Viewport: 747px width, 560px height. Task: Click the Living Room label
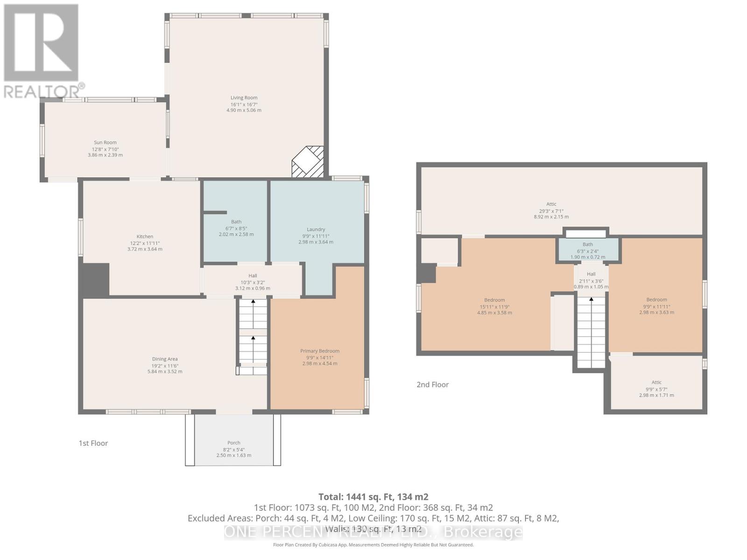pos(244,98)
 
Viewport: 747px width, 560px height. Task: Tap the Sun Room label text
pos(105,143)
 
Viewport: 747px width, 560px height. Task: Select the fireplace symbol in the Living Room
pos(308,161)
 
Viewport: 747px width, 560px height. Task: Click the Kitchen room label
pos(145,237)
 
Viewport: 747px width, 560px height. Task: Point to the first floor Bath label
pos(236,222)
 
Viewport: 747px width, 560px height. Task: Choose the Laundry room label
pos(316,230)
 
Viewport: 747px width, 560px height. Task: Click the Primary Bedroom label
pos(320,351)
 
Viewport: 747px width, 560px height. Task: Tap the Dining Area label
pos(165,359)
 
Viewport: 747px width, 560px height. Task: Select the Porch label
pos(234,443)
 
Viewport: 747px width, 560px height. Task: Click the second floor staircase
pos(591,331)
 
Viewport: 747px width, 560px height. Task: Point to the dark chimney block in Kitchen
pos(96,279)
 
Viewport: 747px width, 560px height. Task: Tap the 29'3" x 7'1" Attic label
pos(551,204)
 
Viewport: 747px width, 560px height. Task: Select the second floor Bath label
pos(588,245)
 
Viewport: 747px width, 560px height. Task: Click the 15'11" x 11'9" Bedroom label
pos(494,300)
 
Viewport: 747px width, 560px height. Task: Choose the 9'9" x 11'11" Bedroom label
pos(656,300)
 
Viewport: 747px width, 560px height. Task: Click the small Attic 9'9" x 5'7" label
pos(656,382)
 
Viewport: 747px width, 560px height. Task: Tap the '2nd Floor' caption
pos(432,385)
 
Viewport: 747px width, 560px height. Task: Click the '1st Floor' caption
pos(93,443)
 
